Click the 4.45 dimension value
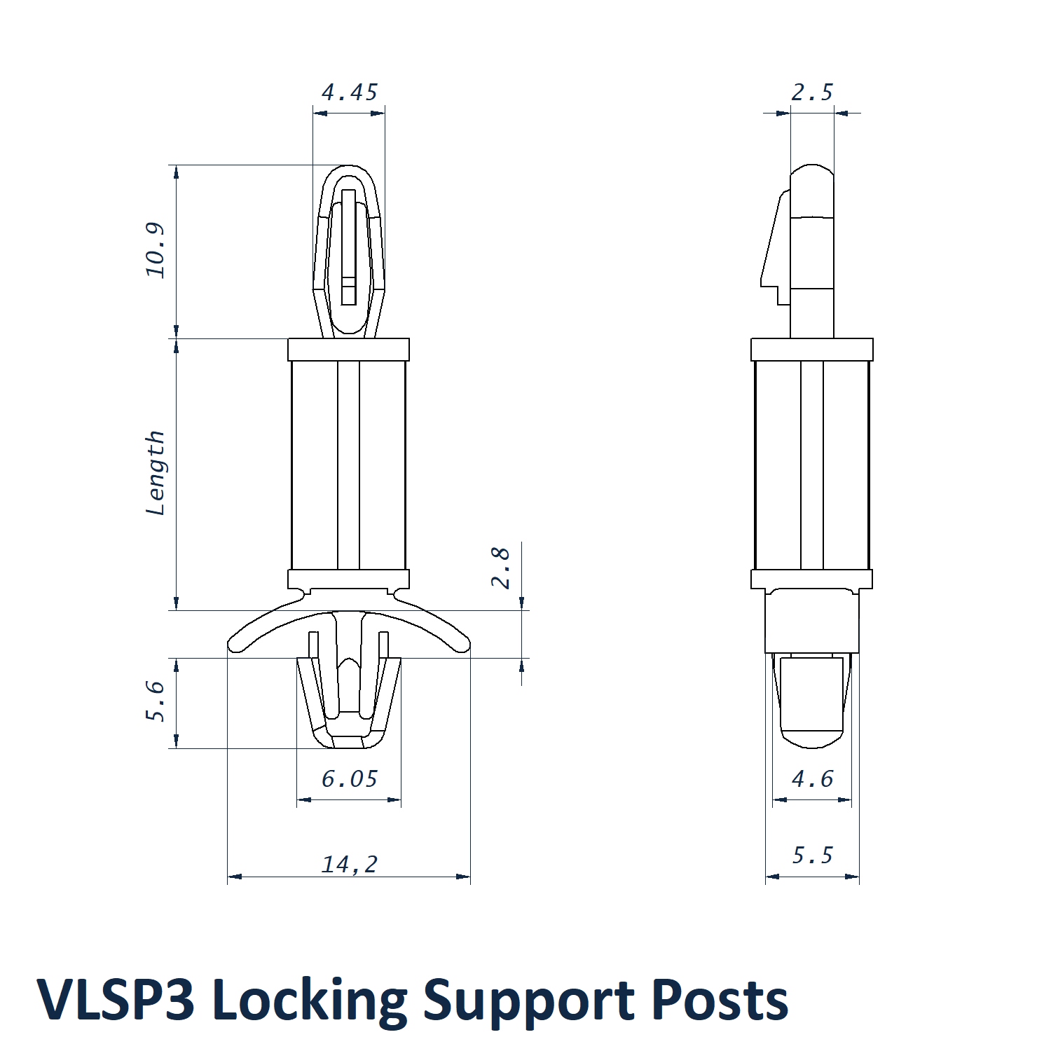coord(349,92)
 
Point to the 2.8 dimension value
coord(500,568)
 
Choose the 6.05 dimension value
coord(349,778)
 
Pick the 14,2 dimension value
coord(349,864)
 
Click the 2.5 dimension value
coord(812,92)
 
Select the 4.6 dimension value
coord(812,778)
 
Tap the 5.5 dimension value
coord(812,855)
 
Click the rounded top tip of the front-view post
coord(349,170)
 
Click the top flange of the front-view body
coord(348,349)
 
